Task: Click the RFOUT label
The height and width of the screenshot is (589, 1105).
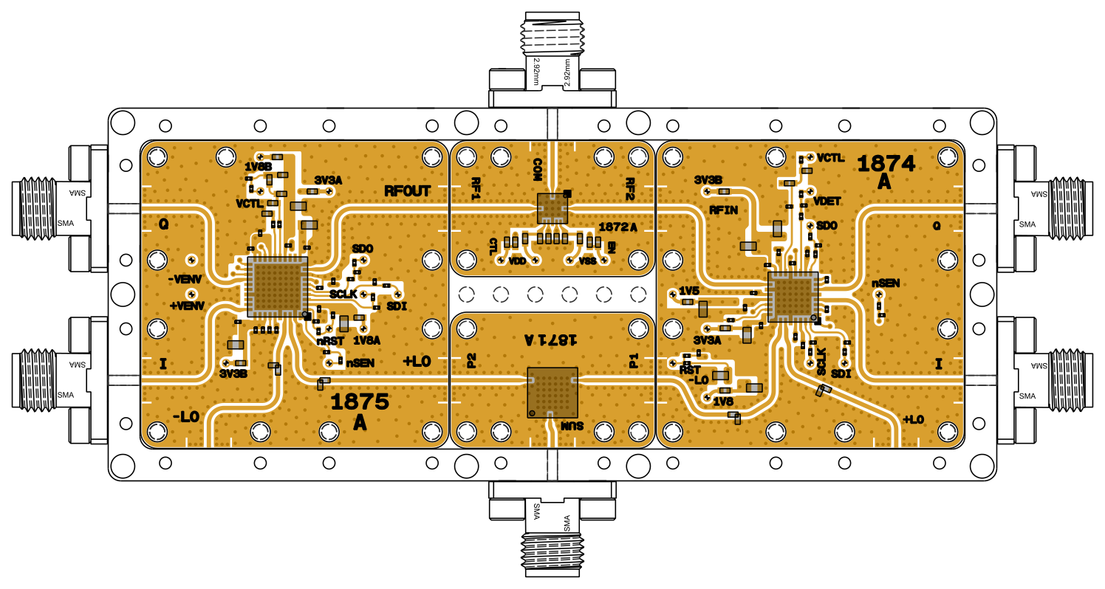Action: click(407, 191)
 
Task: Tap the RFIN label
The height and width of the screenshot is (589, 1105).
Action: click(725, 210)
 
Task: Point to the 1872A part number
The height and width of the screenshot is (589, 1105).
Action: click(618, 226)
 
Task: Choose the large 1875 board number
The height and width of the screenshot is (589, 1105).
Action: click(360, 402)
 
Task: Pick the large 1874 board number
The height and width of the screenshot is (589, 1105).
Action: click(886, 163)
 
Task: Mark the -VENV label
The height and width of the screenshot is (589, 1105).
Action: click(185, 279)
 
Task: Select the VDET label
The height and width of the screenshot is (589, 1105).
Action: click(827, 201)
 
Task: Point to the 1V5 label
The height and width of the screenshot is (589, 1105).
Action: click(689, 290)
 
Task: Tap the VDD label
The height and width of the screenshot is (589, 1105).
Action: click(517, 261)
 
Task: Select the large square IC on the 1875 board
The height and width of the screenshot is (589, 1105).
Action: click(277, 288)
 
